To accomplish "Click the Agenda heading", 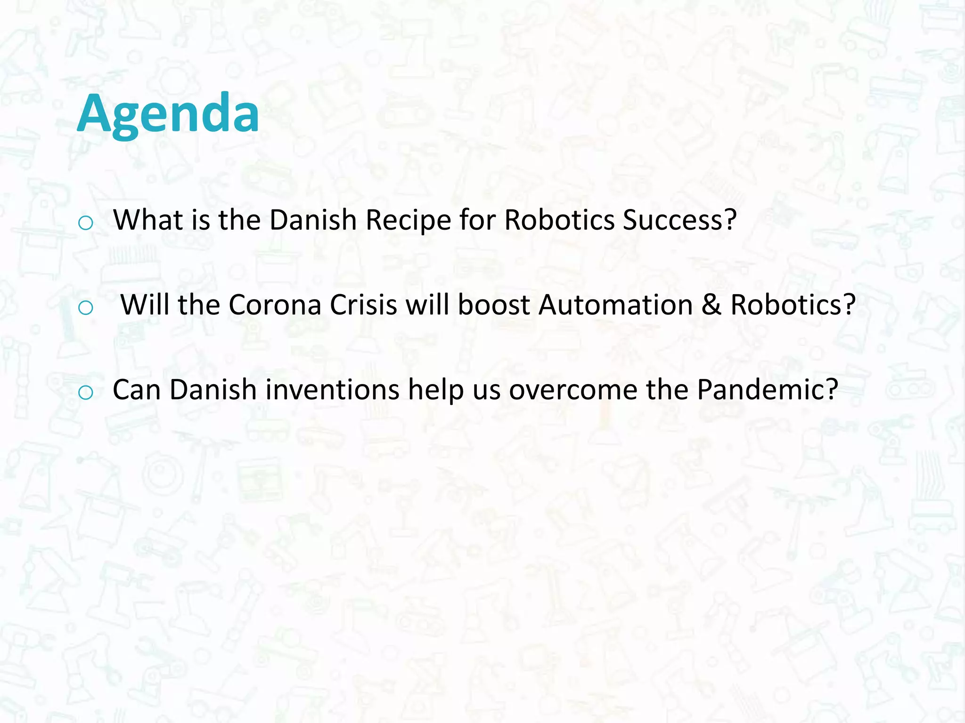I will point(168,114).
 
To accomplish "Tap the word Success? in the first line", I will point(679,220).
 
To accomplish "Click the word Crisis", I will point(363,305).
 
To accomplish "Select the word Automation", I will point(615,305).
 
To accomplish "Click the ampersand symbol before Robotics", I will point(711,305).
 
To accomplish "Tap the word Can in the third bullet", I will point(137,390).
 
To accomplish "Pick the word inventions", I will point(332,390).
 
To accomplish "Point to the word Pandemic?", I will point(768,390).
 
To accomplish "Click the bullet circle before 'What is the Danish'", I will point(85,223).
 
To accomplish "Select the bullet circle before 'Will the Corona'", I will point(85,308).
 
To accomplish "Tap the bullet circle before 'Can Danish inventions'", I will point(85,393).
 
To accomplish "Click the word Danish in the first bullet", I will point(313,220).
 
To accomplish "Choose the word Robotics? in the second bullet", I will point(793,305).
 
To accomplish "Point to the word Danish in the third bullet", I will point(213,390).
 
